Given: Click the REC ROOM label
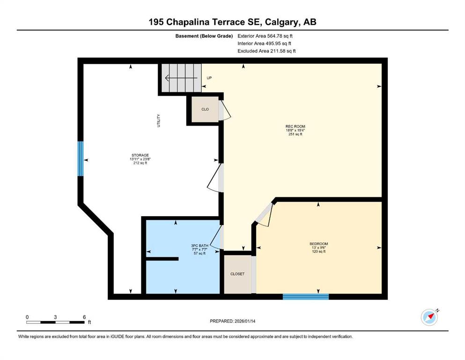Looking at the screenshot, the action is (x=295, y=127).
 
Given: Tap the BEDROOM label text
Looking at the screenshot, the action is (x=319, y=244).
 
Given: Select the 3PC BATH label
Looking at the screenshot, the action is (x=199, y=246).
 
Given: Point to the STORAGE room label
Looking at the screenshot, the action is (x=140, y=155).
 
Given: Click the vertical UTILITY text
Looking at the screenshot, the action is (x=158, y=120).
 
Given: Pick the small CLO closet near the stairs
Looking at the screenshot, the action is (x=205, y=109).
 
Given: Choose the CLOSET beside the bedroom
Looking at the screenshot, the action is (x=237, y=274).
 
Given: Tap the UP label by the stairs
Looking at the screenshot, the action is (x=209, y=78).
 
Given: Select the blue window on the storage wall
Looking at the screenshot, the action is (x=81, y=159).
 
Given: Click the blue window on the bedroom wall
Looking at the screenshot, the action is (x=306, y=297).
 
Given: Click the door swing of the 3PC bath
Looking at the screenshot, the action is (x=217, y=238).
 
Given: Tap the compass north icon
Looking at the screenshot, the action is (x=429, y=317).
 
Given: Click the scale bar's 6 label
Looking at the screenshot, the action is (x=84, y=317).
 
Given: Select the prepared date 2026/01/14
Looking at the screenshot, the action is (x=245, y=321).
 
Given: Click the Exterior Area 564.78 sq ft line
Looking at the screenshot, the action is (x=265, y=36).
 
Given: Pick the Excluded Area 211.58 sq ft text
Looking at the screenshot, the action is (x=266, y=51).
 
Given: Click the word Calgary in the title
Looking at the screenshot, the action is (x=282, y=22).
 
